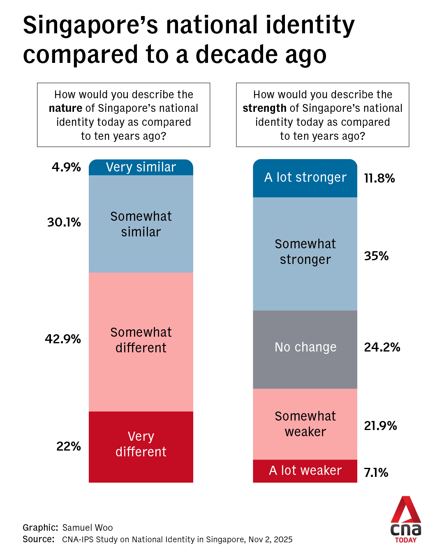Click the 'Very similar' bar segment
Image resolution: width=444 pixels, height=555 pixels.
click(x=141, y=167)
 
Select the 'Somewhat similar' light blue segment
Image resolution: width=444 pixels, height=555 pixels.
click(x=141, y=224)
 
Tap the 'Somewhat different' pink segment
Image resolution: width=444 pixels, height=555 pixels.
click(x=141, y=341)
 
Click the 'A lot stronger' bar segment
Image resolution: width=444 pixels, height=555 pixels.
click(x=305, y=178)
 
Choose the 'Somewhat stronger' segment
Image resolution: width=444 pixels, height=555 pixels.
click(x=305, y=253)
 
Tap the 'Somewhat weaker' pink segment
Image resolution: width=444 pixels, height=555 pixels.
click(x=305, y=424)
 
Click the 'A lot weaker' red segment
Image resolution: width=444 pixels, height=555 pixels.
click(x=305, y=471)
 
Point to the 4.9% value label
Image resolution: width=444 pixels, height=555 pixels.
click(x=66, y=167)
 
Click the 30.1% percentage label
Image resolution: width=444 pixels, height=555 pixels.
click(x=64, y=222)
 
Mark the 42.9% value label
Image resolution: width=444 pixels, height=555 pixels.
click(x=63, y=339)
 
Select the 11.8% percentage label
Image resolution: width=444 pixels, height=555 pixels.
click(x=379, y=178)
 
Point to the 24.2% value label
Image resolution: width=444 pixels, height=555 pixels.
click(x=382, y=347)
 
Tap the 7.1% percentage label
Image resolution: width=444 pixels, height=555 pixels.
click(x=376, y=473)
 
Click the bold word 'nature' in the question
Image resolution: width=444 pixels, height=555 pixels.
click(x=65, y=109)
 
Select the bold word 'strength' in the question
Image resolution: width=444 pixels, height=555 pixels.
click(x=264, y=109)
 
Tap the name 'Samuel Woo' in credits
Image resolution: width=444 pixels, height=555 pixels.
click(x=88, y=528)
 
